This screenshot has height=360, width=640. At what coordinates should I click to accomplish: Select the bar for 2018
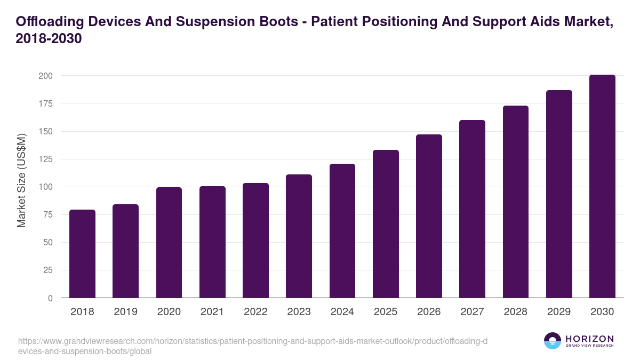(x=83, y=254)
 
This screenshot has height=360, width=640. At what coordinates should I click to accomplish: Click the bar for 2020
(x=169, y=243)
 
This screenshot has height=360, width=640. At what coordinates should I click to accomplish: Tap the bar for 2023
(x=299, y=236)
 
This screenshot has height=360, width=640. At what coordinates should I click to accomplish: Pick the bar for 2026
(x=429, y=216)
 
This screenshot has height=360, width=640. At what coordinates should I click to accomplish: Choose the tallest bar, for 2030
(x=602, y=186)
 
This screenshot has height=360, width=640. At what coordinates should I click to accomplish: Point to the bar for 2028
(x=516, y=202)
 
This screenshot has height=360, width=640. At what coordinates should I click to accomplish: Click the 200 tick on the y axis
(x=45, y=76)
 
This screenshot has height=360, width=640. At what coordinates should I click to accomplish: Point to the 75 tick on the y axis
(x=47, y=214)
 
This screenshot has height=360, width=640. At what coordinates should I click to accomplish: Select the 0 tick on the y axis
(x=50, y=298)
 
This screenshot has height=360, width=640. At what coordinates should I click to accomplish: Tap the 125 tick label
(x=45, y=159)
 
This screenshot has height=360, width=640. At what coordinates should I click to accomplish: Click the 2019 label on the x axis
(x=125, y=312)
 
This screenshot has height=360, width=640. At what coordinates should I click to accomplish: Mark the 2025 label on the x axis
(x=386, y=312)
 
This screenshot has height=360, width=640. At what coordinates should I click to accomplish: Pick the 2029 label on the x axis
(x=559, y=312)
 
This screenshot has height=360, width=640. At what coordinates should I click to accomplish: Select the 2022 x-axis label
(x=255, y=312)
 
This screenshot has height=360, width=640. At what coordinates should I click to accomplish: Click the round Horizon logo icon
(x=553, y=341)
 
